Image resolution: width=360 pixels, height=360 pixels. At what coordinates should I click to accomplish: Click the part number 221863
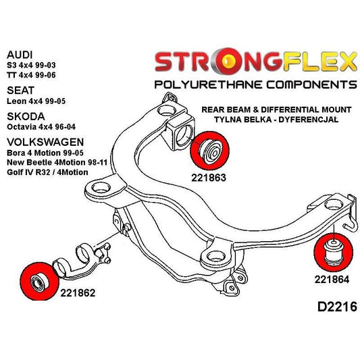click(207, 179)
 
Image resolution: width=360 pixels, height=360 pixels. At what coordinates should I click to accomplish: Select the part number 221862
click(77, 293)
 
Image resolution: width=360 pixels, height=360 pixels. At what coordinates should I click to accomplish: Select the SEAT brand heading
click(20, 88)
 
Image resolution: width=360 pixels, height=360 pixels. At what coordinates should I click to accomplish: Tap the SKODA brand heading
click(24, 115)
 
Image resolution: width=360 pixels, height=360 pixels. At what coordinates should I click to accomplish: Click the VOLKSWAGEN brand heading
click(45, 143)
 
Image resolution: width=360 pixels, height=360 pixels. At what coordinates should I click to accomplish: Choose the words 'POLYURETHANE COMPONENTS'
click(255, 85)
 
